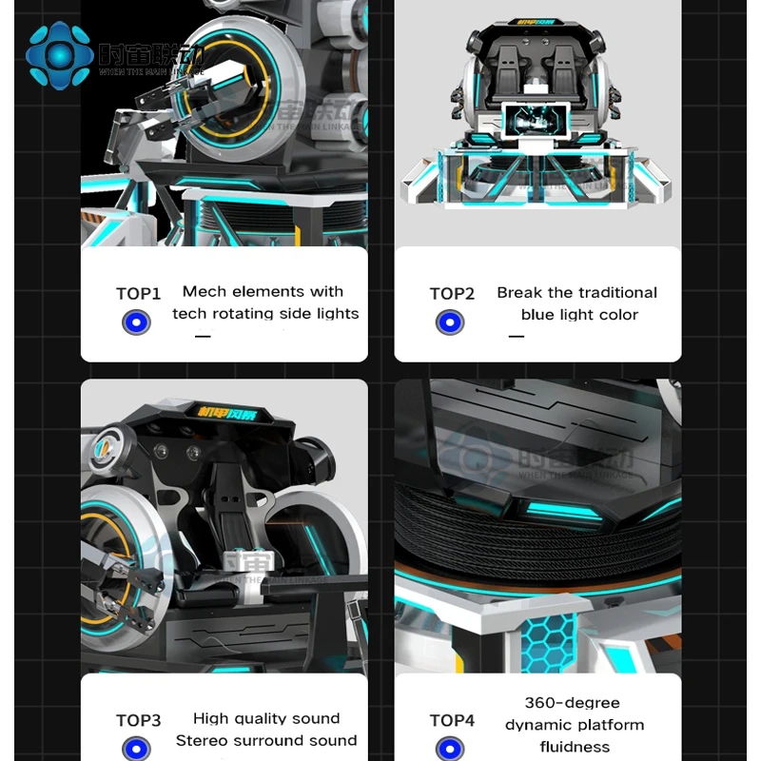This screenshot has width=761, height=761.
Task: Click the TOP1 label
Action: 139,294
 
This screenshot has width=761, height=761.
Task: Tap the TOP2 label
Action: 452,294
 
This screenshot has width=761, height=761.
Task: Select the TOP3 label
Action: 139,721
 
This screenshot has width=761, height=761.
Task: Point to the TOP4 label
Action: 452,721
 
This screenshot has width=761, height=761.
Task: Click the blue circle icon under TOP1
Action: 136,322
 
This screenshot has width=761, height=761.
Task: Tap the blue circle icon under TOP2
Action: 450,322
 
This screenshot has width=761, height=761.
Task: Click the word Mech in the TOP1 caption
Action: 204,292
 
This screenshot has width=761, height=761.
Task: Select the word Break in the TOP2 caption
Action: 519,293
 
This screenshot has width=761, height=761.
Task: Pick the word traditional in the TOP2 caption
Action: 617,293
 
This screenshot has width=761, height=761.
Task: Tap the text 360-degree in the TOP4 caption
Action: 573,703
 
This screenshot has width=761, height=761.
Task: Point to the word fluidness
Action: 575,747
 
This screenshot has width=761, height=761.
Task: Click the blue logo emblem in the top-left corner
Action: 59,54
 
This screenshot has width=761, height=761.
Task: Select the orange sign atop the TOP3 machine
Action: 232,414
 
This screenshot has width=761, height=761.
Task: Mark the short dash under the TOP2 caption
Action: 517,336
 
